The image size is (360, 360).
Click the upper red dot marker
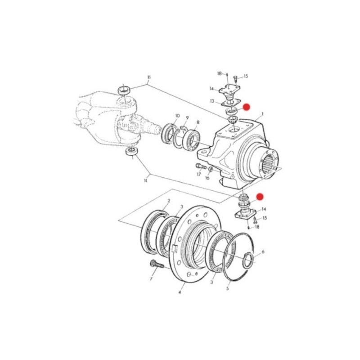[x=246, y=107]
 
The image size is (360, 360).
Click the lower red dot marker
[x=260, y=197]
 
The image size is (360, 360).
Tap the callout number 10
[x=177, y=116]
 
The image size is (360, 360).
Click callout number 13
[x=211, y=101]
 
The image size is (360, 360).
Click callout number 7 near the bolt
[x=151, y=279]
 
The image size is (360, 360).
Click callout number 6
[x=263, y=252]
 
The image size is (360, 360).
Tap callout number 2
[x=168, y=201]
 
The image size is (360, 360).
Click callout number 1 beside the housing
[x=262, y=114]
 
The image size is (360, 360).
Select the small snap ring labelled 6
[x=247, y=261]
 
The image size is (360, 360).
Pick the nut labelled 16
[x=210, y=170]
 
